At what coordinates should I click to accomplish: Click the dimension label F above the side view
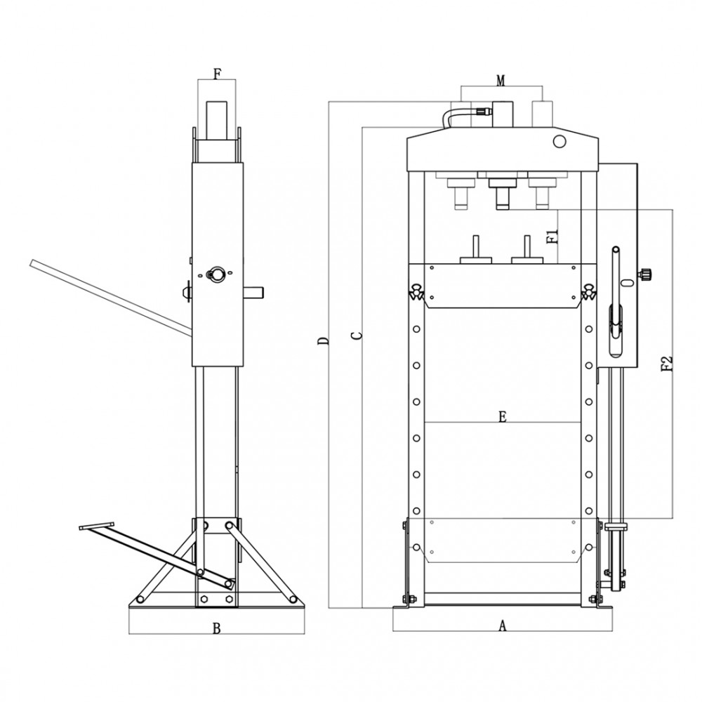[x=217, y=74]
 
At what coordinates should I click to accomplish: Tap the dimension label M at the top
[x=501, y=81]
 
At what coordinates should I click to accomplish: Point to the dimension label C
[x=357, y=336]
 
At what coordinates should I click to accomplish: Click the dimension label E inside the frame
[x=503, y=417]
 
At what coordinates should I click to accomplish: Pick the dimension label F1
[x=553, y=236]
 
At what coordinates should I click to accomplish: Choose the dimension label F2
[x=667, y=364]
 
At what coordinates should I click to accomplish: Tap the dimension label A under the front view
[x=503, y=625]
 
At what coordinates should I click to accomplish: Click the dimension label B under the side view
[x=217, y=628]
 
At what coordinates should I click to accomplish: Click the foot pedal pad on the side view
[x=97, y=526]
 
